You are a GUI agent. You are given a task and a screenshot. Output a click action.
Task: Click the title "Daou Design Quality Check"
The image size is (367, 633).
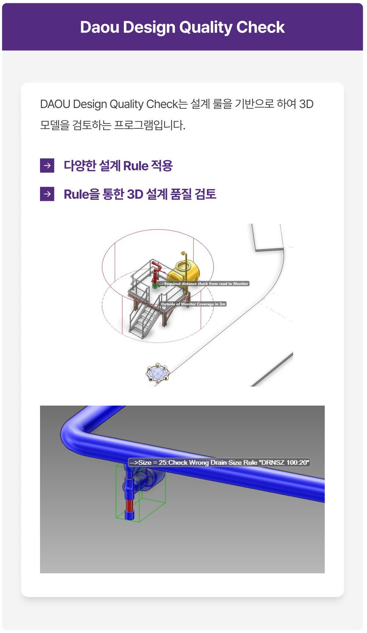click(182, 28)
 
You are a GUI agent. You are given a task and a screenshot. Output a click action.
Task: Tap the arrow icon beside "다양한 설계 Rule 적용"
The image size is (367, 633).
click(47, 165)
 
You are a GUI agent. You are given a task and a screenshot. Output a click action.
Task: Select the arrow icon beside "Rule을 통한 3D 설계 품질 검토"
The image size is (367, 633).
click(47, 194)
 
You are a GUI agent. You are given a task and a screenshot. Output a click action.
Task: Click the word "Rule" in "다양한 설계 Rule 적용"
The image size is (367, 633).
click(136, 166)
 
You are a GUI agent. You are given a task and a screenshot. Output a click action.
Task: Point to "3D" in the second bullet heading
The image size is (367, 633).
click(135, 195)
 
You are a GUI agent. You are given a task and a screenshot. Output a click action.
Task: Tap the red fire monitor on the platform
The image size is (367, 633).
click(156, 272)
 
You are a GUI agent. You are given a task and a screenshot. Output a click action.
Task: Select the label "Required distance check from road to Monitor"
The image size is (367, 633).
click(204, 283)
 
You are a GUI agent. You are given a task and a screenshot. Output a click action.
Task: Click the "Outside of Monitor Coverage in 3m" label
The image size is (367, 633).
click(193, 304)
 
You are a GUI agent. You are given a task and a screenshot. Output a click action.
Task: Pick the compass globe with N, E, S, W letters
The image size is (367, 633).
click(158, 373)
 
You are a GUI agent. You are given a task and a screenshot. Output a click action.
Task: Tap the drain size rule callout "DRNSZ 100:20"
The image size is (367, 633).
click(219, 462)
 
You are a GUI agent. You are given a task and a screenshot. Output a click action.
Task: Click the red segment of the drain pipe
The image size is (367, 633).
click(129, 505)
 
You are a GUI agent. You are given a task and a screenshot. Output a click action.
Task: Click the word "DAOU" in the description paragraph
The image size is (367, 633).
click(55, 104)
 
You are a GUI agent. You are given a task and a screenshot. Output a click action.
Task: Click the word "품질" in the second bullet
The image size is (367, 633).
click(180, 195)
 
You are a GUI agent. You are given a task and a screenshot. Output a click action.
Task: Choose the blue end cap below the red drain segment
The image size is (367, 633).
click(130, 515)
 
